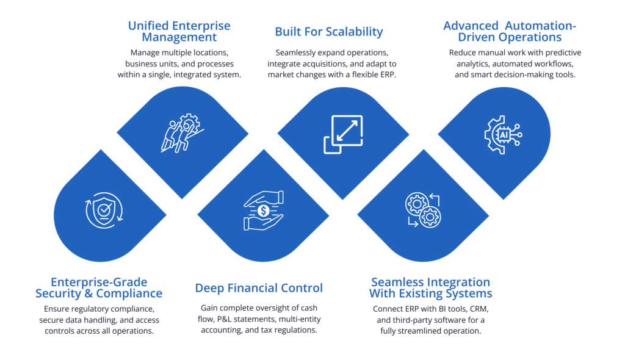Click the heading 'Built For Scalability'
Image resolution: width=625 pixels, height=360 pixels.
[x=329, y=32]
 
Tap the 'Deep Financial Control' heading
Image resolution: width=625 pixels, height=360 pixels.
[x=259, y=288]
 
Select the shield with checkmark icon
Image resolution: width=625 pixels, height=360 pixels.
[x=104, y=210]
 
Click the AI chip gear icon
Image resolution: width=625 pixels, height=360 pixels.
[x=504, y=135]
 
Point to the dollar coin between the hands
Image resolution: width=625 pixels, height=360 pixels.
[x=263, y=211]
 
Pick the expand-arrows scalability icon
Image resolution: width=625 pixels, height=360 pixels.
[x=343, y=134]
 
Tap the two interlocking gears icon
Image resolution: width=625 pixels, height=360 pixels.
[x=424, y=210]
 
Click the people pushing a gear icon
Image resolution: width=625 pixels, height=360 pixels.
[x=182, y=133]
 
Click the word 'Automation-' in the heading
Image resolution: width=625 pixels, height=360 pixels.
[x=541, y=26]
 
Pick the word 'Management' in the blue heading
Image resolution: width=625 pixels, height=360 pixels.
[x=179, y=37]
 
